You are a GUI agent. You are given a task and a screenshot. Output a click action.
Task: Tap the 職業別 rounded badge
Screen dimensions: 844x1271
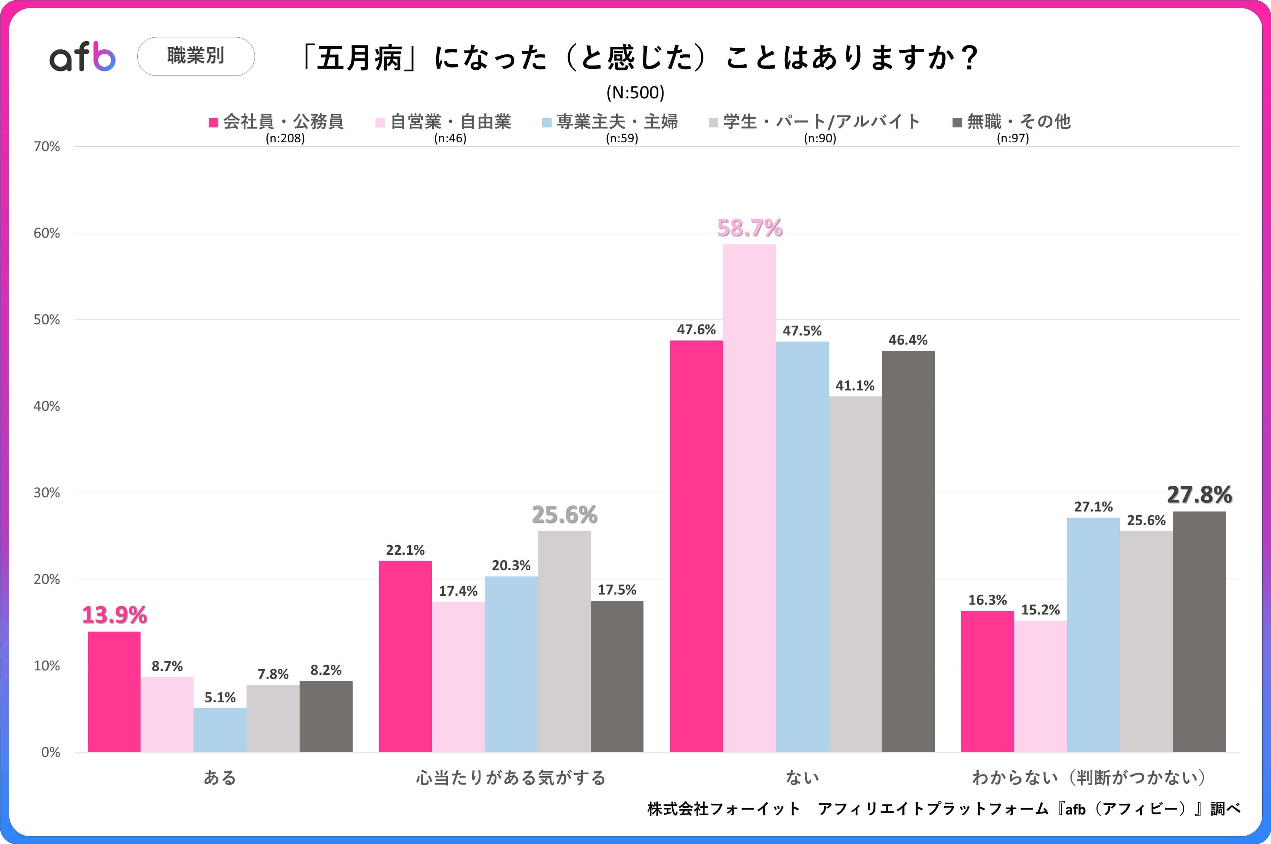(196, 56)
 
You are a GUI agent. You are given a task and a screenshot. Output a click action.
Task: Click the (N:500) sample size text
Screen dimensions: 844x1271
(635, 93)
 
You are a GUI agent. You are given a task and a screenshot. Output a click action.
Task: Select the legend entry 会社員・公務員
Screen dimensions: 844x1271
(277, 122)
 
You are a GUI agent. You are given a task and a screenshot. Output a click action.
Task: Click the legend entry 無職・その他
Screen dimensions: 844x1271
(1012, 122)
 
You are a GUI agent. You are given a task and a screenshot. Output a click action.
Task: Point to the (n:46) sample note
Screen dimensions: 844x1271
(450, 138)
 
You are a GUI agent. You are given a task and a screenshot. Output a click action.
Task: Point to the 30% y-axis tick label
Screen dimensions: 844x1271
(47, 493)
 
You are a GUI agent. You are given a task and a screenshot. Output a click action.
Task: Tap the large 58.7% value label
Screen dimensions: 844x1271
(750, 228)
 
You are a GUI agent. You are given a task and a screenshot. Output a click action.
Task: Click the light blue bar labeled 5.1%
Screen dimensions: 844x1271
(220, 730)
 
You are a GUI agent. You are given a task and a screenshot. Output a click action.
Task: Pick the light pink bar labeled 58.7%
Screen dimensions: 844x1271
(750, 498)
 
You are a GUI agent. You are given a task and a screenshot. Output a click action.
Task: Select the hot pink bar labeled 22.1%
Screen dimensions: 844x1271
(405, 656)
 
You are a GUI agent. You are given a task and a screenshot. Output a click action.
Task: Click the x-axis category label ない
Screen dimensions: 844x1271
(802, 777)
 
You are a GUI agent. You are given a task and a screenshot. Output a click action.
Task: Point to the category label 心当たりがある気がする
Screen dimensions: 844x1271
(511, 777)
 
